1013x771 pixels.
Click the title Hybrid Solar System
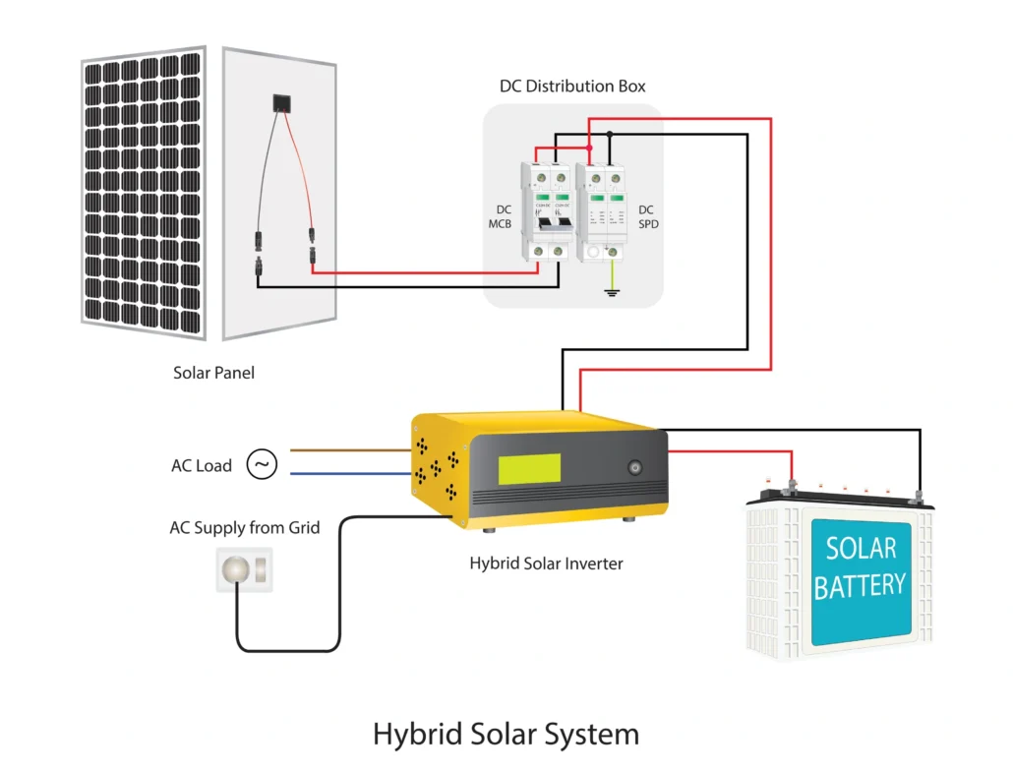(x=506, y=734)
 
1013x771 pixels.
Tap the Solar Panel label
(x=213, y=373)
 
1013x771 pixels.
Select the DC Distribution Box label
(x=572, y=87)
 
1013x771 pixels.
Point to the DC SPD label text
(x=647, y=217)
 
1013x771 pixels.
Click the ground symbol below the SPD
(x=612, y=291)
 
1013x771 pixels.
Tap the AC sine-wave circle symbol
(x=262, y=464)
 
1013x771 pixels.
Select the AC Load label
(x=202, y=466)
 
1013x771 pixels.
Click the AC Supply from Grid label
(x=245, y=528)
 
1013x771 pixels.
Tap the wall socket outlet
(x=243, y=570)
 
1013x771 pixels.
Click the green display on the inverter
(x=529, y=469)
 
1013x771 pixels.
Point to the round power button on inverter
(x=634, y=469)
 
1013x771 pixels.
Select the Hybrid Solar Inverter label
(x=546, y=563)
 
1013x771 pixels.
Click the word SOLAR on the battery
(x=861, y=548)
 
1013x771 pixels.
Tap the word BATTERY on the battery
(x=860, y=586)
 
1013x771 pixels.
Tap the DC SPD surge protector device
(x=603, y=212)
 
